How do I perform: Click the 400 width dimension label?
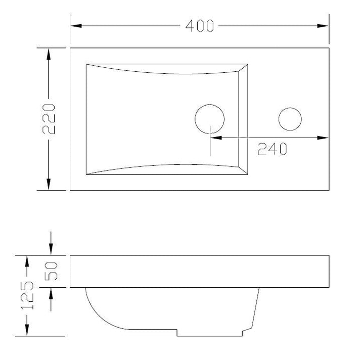pyautogui.click(x=199, y=26)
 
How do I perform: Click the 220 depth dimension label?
pyautogui.click(x=49, y=119)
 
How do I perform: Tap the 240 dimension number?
pyautogui.click(x=272, y=149)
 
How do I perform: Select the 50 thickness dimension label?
pyautogui.click(x=51, y=271)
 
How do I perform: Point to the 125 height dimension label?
pyautogui.click(x=27, y=295)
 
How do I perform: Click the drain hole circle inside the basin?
pyautogui.click(x=209, y=119)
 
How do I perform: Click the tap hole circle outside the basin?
pyautogui.click(x=290, y=119)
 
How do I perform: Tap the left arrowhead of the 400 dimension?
pyautogui.click(x=76, y=26)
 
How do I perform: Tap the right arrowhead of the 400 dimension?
pyautogui.click(x=323, y=26)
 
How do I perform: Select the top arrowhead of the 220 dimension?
pyautogui.click(x=49, y=54)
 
